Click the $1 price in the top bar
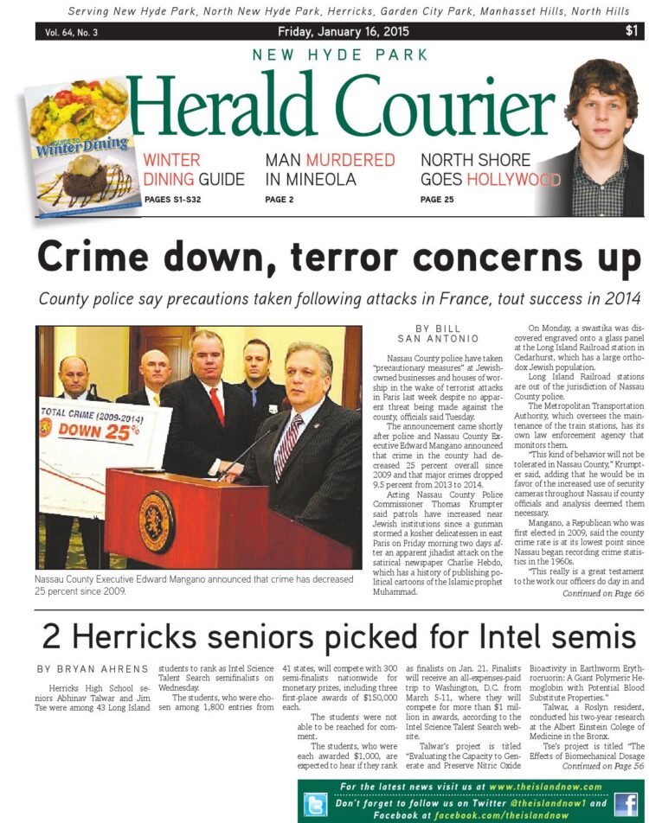(632, 32)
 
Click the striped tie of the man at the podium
(286, 441)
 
